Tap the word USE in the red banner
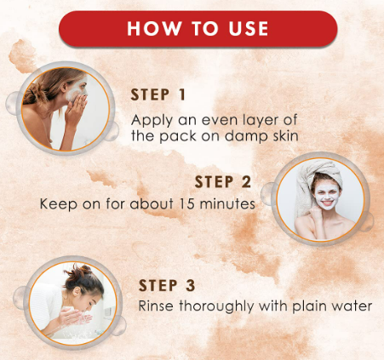[x=249, y=28]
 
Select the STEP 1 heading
[x=158, y=94]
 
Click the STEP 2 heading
[x=223, y=182]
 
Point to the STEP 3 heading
[x=167, y=285]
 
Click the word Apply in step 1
[x=152, y=121]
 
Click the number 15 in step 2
[x=187, y=203]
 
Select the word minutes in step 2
[x=227, y=203]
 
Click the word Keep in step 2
[x=59, y=204]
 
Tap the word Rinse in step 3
[x=156, y=306]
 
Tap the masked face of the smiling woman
[x=327, y=196]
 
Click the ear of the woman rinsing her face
[x=77, y=291]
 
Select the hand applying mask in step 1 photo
[x=76, y=109]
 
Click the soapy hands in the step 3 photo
[x=74, y=317]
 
